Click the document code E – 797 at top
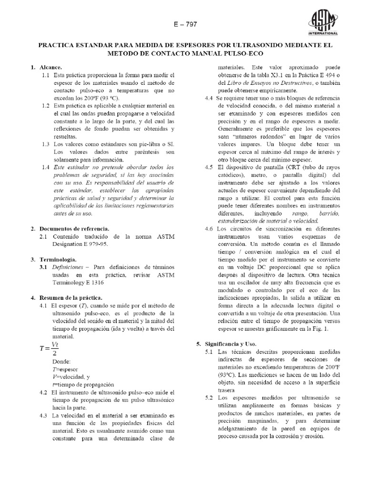coord(183,24)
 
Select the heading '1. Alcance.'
coord(46,68)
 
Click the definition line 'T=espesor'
coord(67,369)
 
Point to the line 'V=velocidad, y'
coord(71,376)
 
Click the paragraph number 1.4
coord(46,167)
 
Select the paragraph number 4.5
coord(208,167)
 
